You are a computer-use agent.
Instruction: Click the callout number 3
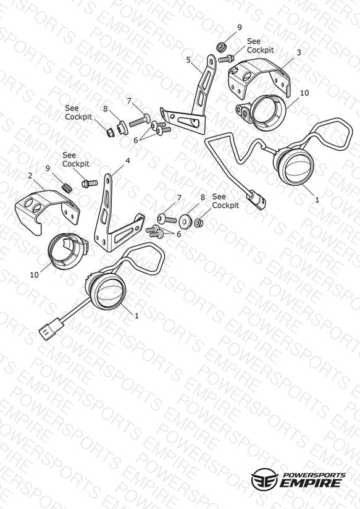point(299,53)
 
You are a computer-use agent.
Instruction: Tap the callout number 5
point(188,60)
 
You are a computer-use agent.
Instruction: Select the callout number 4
point(128,161)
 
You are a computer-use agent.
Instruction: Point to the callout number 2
point(30,175)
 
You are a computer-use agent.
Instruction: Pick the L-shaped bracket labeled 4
point(106,224)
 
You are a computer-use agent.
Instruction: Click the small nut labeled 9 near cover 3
point(221,46)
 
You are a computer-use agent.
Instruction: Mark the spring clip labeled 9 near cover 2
point(67,188)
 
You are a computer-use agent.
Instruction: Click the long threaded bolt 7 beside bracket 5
point(140,120)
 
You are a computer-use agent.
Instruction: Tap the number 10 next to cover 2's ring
point(34,275)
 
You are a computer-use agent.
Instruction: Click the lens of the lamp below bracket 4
point(109,293)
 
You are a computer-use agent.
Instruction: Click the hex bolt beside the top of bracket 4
point(90,183)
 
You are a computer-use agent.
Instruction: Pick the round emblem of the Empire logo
point(264,479)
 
